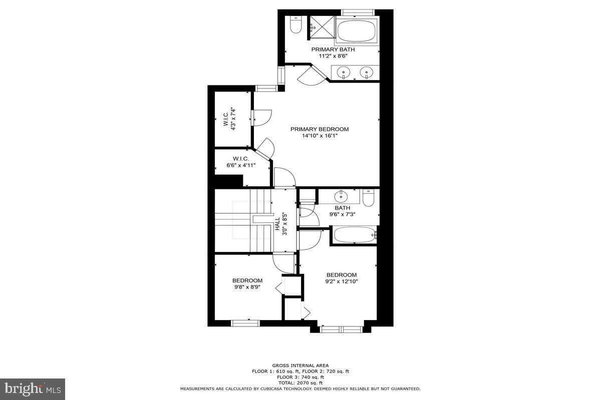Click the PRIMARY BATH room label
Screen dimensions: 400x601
point(333,49)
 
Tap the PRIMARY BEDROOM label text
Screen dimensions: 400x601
point(320,129)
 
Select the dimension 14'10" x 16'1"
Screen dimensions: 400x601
point(320,136)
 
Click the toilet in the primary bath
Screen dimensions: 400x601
point(295,25)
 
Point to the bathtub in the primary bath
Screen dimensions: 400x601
point(357,30)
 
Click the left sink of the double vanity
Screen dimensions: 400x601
point(344,73)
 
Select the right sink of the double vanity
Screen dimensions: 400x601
point(367,73)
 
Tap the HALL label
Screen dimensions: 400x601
point(277,224)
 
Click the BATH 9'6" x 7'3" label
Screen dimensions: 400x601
point(343,211)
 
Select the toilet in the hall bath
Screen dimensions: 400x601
point(368,198)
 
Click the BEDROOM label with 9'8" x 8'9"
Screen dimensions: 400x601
point(247,283)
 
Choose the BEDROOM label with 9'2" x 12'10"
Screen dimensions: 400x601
point(342,278)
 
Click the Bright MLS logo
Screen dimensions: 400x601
point(33,388)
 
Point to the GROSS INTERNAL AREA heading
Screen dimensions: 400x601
point(300,365)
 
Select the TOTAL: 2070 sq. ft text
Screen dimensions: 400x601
point(300,382)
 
